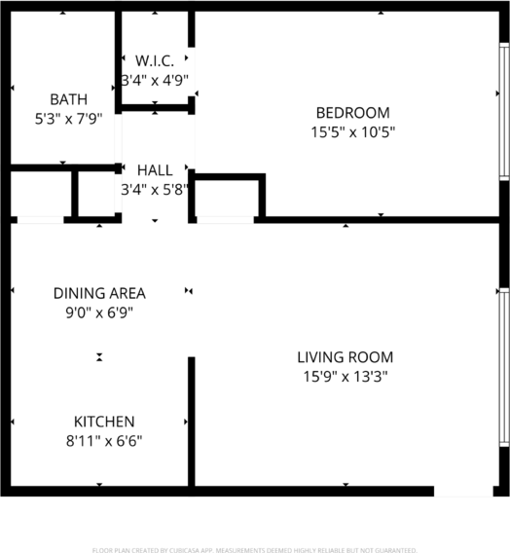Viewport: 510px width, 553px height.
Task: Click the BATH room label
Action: pos(68,99)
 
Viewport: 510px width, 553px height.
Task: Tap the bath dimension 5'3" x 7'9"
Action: pos(68,120)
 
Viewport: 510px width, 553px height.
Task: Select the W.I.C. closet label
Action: pos(155,60)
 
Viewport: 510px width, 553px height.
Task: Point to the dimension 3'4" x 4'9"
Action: pos(155,80)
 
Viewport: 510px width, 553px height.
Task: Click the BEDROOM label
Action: pos(351,112)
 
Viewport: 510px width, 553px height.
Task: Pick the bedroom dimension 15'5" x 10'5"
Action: pos(351,131)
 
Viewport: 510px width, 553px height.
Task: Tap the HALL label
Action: pos(155,170)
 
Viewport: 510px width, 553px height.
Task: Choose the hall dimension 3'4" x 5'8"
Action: pos(155,190)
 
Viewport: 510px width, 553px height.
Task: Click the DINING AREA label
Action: pos(99,293)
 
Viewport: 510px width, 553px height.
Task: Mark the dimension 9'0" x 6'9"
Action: pos(99,313)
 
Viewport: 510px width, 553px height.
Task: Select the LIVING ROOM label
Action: pos(346,357)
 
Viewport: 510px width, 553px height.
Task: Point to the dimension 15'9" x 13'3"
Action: pos(346,377)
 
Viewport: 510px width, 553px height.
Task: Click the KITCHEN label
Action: pos(104,422)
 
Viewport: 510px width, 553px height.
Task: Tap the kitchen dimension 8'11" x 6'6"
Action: pos(104,441)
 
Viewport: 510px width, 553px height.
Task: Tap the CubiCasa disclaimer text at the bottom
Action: pos(255,550)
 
